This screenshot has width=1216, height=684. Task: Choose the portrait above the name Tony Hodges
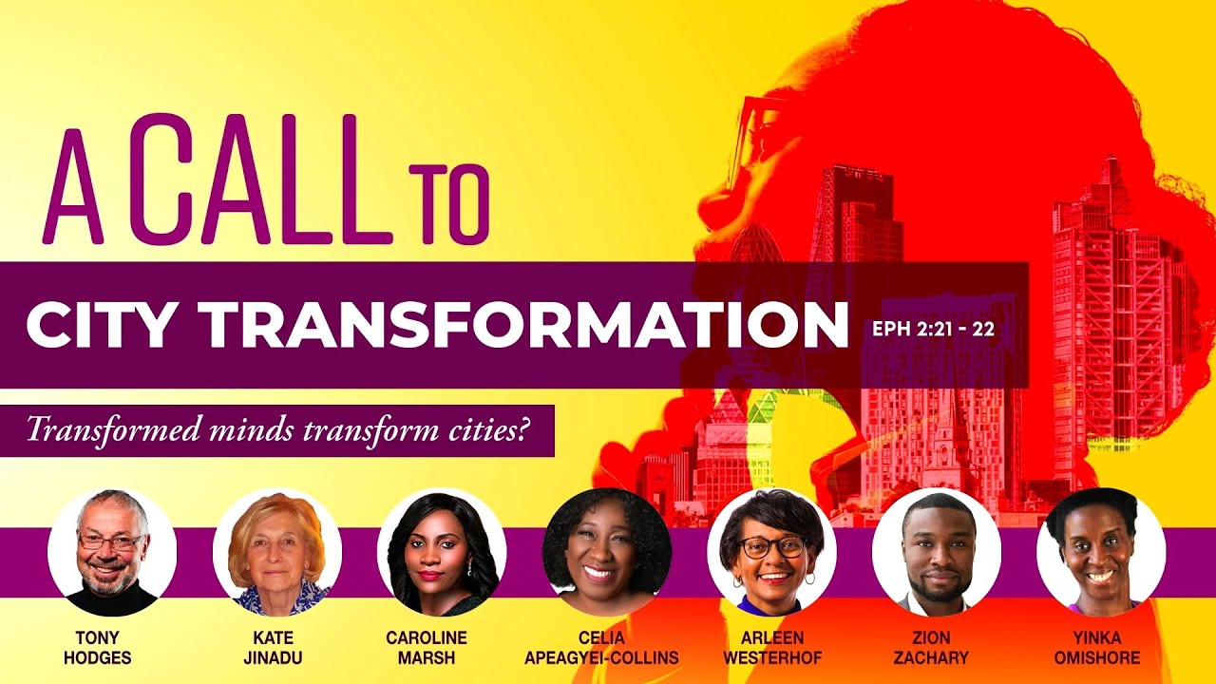112,552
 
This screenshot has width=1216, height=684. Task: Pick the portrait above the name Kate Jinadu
277,552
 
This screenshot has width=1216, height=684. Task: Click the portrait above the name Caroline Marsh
442,552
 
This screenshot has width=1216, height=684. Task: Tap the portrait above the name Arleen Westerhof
771,552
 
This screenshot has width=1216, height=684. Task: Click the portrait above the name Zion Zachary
936,552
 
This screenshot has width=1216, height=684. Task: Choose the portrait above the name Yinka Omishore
1101,552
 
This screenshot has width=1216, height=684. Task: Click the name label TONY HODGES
103,647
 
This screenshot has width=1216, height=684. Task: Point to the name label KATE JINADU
273,647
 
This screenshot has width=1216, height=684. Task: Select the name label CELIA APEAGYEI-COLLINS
601,647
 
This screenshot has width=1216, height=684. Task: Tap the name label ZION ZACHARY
937,647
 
